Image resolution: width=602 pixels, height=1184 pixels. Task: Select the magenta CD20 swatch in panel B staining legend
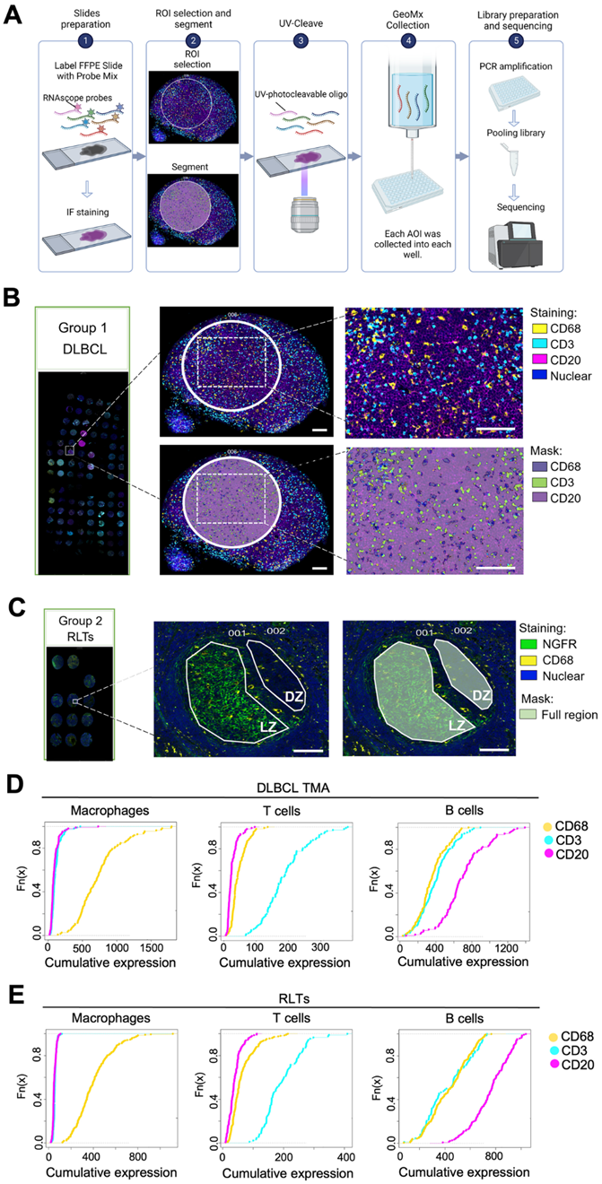tap(514, 361)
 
